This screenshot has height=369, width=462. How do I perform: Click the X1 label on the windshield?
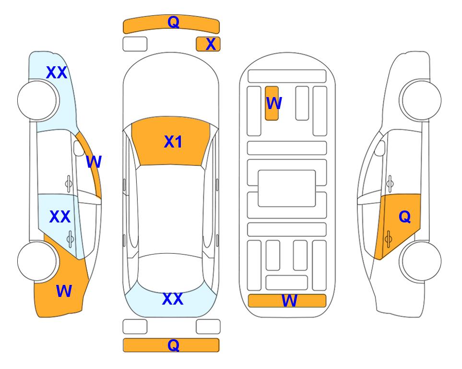point(173,142)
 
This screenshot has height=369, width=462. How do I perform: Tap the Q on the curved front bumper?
point(174,22)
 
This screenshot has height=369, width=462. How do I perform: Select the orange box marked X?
point(208,44)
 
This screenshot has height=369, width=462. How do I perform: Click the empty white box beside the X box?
point(135,44)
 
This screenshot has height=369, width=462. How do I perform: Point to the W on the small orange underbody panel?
point(274,103)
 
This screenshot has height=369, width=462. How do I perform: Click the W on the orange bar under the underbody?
point(289,301)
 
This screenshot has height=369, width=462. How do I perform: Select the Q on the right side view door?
point(405,217)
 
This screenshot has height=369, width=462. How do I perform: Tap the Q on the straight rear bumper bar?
point(174,345)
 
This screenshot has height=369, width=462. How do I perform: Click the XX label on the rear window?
point(173,299)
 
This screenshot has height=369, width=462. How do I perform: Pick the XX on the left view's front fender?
point(57,73)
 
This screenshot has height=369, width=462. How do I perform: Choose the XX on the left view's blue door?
point(60,217)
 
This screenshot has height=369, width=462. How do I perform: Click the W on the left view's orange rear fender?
point(64,291)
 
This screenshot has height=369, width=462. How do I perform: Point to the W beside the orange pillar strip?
point(94,162)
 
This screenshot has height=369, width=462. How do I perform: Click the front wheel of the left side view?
point(37,100)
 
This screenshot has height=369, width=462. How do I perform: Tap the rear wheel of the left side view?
point(37,261)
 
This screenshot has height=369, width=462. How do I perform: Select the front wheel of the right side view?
point(421,100)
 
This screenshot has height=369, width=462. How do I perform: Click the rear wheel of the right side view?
point(421,261)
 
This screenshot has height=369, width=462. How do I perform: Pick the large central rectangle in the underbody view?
point(287,188)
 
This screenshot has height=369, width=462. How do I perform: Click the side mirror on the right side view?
point(380,148)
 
